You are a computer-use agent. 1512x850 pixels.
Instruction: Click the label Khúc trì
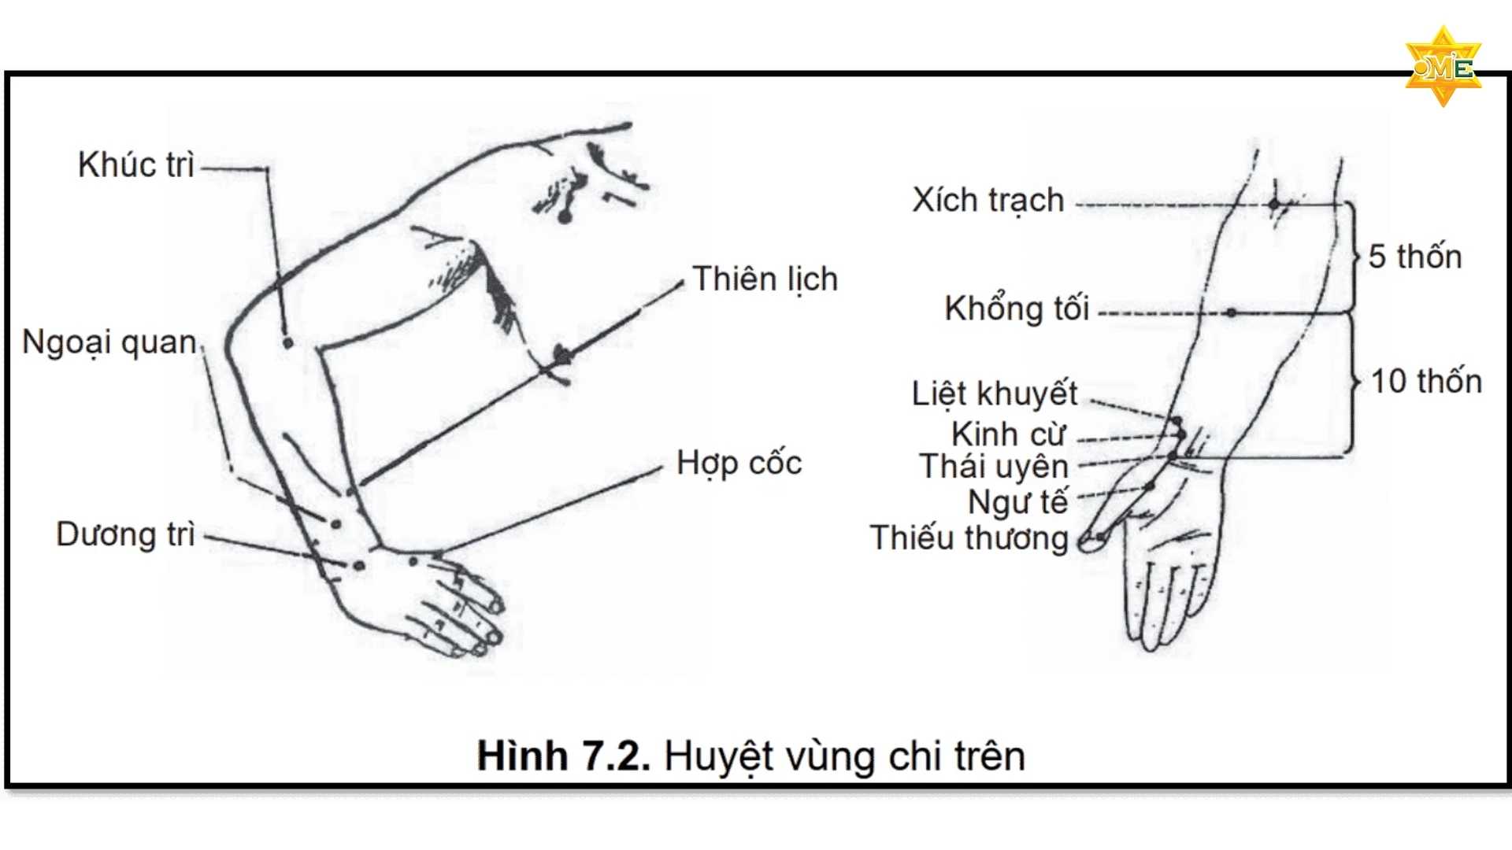(135, 165)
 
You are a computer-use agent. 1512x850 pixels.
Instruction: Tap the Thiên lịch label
(765, 279)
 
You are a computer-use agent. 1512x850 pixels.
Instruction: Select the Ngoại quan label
(109, 343)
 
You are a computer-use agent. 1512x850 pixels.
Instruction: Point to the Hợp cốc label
(739, 464)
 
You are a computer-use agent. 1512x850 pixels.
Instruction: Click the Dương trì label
(125, 534)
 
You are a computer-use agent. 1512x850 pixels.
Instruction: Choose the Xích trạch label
(988, 201)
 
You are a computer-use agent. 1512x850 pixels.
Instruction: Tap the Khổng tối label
(1017, 309)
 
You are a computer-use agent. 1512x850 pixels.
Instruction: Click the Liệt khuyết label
(994, 394)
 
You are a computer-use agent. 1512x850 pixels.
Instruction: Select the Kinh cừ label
(1008, 434)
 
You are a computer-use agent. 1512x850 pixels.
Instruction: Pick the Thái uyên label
(993, 467)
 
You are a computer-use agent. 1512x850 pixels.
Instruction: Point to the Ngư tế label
(1017, 501)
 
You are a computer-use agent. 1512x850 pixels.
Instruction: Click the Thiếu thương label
(969, 538)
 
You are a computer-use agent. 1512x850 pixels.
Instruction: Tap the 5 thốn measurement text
(1414, 257)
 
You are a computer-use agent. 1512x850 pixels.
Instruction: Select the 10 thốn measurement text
(1426, 382)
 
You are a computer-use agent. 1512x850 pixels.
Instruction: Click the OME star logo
(1443, 68)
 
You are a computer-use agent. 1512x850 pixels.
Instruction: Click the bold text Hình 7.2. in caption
(563, 756)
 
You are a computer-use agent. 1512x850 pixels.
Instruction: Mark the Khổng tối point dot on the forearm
(1231, 312)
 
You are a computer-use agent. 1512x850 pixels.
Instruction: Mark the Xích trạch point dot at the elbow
(1274, 205)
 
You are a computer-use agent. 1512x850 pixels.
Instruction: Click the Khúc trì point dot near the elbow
(288, 343)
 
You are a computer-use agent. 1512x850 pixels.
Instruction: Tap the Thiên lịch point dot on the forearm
(562, 355)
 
